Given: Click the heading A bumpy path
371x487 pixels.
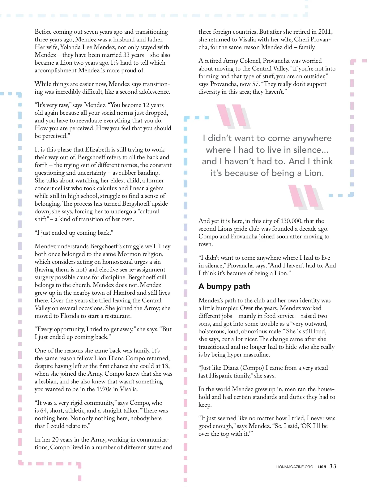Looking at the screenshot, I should [224, 286].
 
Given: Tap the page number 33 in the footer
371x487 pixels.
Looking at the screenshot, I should [333, 466].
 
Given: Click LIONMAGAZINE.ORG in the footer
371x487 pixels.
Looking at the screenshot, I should [294, 467].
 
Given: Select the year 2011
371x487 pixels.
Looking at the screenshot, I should [325, 32].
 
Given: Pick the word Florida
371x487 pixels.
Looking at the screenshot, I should [70, 316].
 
